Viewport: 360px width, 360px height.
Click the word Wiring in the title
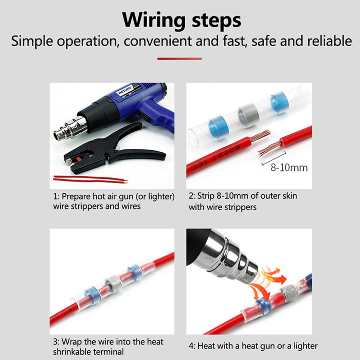154,20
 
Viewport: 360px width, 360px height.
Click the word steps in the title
217,21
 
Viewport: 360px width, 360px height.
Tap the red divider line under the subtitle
180,59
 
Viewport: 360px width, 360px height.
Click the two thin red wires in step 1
90,179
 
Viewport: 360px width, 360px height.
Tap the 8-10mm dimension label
289,167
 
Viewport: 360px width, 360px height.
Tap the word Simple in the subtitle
32,42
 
